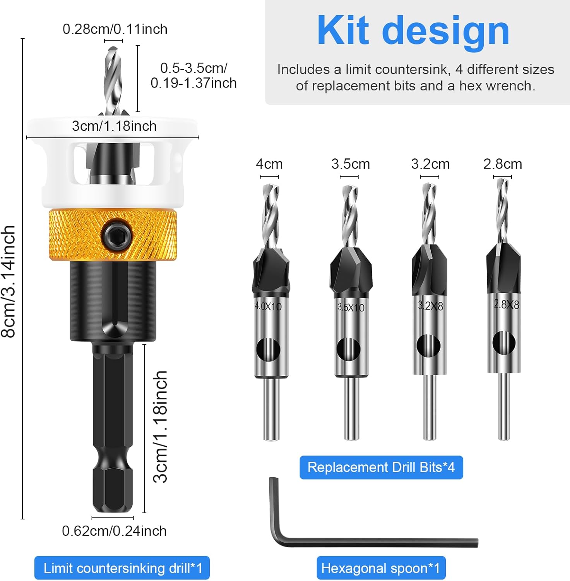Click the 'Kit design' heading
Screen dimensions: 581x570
click(x=413, y=31)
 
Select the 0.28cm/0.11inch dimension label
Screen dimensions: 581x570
click(x=115, y=29)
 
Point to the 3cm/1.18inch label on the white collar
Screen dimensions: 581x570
click(x=114, y=126)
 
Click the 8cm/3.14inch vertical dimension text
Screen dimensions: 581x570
click(x=9, y=282)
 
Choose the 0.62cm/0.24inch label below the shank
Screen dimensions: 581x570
click(x=114, y=531)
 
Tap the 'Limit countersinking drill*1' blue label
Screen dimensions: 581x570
click(x=122, y=568)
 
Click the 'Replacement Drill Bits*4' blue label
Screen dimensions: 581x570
click(x=381, y=467)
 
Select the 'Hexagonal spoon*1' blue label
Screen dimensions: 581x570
click(x=381, y=568)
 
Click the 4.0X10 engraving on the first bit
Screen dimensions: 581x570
click(x=268, y=306)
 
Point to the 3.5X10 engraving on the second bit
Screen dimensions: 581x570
click(x=351, y=308)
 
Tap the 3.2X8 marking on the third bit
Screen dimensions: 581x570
click(x=430, y=306)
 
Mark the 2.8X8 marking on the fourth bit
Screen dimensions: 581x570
click(x=506, y=304)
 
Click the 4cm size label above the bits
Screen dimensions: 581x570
click(x=269, y=164)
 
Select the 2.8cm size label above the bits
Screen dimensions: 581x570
click(x=502, y=164)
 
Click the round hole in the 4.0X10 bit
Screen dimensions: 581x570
click(x=268, y=349)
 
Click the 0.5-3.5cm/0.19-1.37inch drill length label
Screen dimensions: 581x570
click(x=193, y=76)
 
